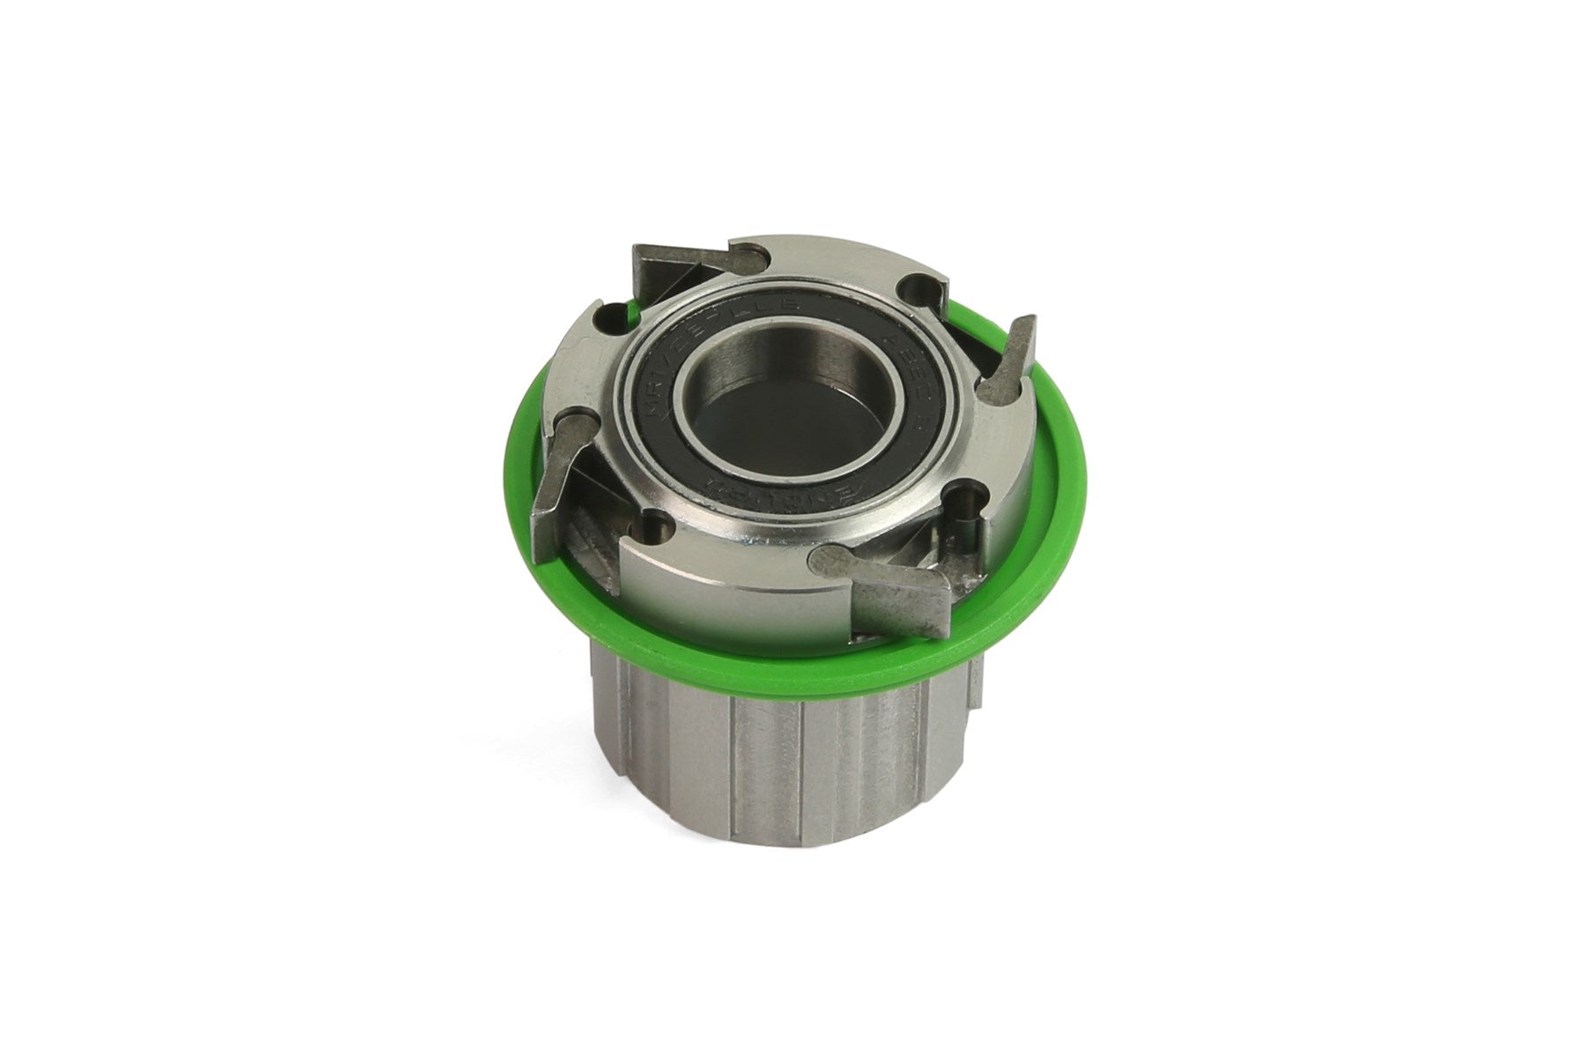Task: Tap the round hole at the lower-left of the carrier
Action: [654, 529]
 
